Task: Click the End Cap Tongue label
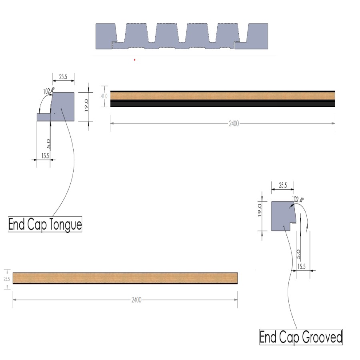tap(45, 224)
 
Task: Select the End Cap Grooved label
tap(301, 337)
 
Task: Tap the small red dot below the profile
tap(135, 60)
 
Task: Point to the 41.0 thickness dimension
tap(104, 96)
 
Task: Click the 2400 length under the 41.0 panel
tap(234, 124)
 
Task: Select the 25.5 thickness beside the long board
tap(6, 278)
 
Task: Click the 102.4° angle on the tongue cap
tap(49, 91)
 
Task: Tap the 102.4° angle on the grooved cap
tap(298, 199)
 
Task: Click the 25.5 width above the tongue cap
tap(63, 77)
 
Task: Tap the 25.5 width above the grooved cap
tap(282, 186)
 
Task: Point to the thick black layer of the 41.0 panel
tap(222, 103)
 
